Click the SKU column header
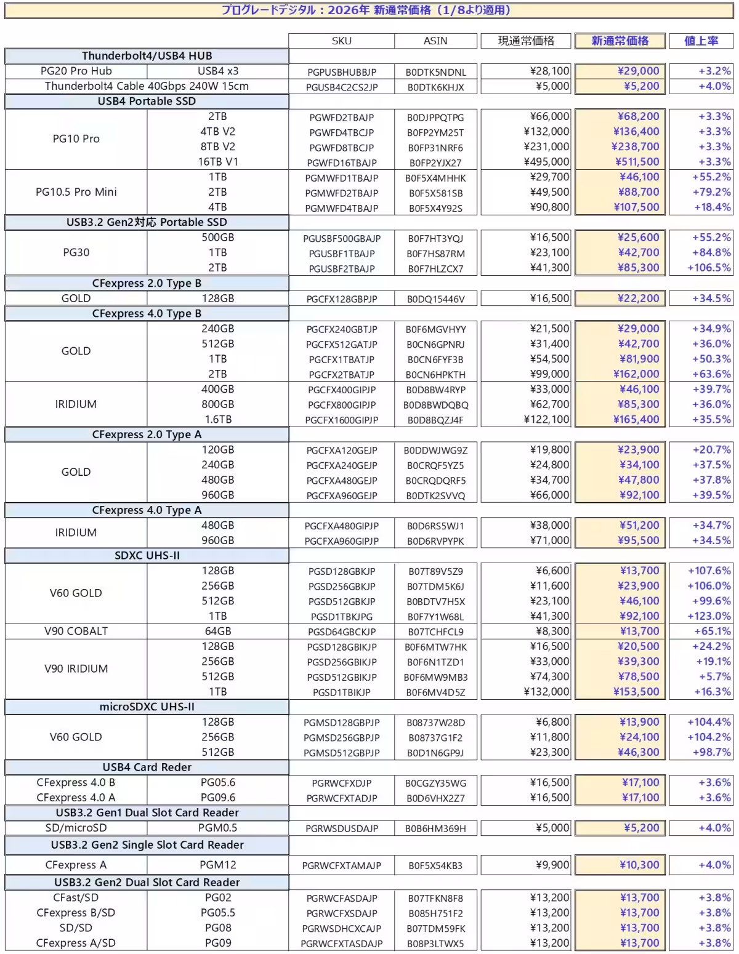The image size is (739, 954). pos(341,41)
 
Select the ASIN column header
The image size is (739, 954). pos(435,41)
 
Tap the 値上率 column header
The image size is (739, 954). pos(701,41)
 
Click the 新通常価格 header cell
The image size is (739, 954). pos(620,41)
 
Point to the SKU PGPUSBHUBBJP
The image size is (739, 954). pos(341,72)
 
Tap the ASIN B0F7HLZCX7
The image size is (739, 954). pos(435,268)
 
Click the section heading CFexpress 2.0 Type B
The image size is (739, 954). pos(147,283)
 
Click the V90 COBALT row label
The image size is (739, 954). pos(76,631)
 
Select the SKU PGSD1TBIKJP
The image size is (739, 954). pos(341,692)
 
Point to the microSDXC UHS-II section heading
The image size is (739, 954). pos(147,707)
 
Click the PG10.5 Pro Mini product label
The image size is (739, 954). pos(76,192)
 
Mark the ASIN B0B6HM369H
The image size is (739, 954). pos(435,828)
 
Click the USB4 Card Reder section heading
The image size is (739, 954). pos(147,768)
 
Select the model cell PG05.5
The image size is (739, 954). pos(218,913)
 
